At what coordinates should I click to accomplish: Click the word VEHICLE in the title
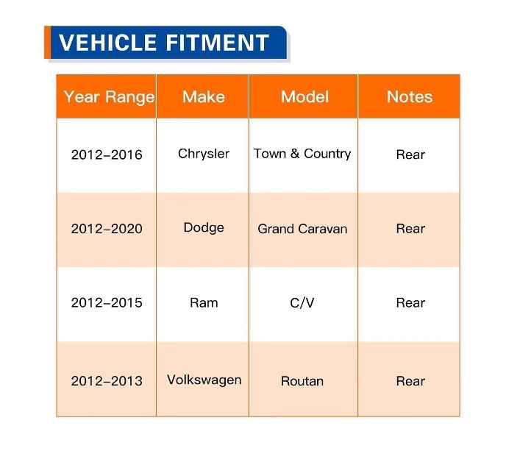(x=108, y=43)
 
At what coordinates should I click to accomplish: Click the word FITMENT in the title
(x=217, y=43)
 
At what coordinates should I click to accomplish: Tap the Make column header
(x=203, y=96)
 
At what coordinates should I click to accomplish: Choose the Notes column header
(x=410, y=96)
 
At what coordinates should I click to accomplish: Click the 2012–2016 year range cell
(x=107, y=155)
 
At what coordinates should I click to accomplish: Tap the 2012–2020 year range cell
(x=107, y=229)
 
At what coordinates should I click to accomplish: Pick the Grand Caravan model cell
(x=302, y=229)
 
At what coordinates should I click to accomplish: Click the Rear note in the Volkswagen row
(x=410, y=381)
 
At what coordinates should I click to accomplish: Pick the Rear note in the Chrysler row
(x=410, y=155)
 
